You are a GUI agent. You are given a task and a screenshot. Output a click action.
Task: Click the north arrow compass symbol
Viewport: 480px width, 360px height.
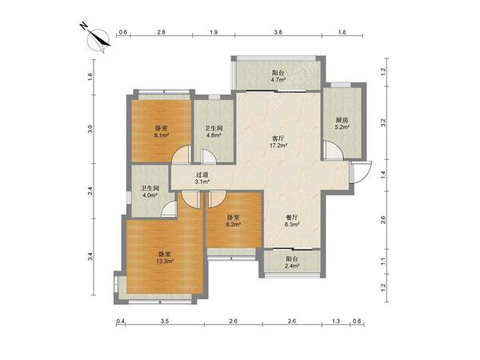pos(98,39)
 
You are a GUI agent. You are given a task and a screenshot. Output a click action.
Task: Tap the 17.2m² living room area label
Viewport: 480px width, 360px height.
pos(278,142)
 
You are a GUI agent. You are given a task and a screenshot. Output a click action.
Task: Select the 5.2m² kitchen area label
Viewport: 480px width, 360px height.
pos(342,123)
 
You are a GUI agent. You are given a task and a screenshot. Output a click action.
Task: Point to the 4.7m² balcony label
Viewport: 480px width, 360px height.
pos(278,77)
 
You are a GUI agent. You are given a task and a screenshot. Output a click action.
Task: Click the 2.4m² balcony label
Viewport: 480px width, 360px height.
pos(292,262)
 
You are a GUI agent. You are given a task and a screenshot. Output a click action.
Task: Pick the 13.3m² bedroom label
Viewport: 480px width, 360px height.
pos(165,258)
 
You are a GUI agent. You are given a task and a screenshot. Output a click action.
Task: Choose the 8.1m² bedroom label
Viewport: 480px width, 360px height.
pos(162,131)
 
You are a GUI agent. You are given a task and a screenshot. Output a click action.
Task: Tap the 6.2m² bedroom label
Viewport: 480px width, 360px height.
pos(234,221)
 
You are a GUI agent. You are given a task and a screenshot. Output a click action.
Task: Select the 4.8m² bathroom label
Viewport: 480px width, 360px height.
pos(214,131)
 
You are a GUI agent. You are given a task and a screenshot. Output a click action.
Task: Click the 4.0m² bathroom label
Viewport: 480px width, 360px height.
pos(150,192)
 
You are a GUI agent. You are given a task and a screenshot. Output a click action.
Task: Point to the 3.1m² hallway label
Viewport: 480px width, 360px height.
pos(202,178)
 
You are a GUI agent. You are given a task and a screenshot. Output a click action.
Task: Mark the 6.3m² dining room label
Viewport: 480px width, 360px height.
pos(292,221)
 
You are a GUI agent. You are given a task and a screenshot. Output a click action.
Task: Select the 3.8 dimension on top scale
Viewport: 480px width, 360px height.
pos(278,32)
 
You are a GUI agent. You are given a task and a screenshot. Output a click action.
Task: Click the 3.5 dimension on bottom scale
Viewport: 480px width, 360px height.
pos(165,321)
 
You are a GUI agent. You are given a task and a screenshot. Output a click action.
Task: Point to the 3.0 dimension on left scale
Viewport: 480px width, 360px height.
pos(90,129)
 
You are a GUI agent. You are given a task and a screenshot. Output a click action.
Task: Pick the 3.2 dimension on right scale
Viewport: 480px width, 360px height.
pos(383,123)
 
